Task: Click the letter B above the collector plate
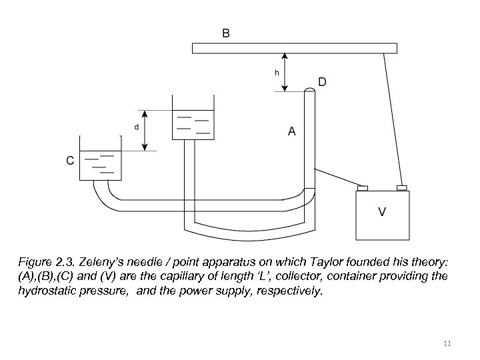[226, 33]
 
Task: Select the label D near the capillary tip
[322, 83]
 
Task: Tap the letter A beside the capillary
[291, 132]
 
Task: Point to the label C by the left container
[69, 160]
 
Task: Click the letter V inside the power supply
[382, 212]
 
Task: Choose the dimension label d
[137, 126]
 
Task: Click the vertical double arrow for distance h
[285, 72]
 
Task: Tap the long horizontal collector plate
[294, 48]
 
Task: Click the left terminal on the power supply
[363, 187]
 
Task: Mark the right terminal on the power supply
[402, 187]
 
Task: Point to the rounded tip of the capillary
[309, 92]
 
